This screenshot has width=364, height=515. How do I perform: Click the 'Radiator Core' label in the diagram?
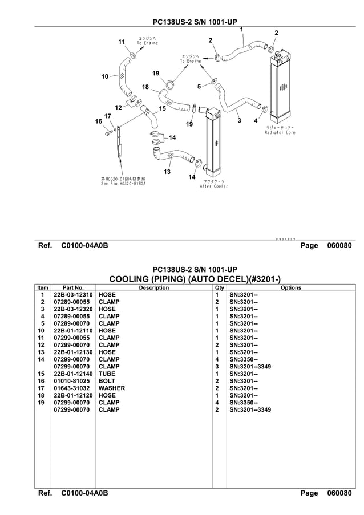280,133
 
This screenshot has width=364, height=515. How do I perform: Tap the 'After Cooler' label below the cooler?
214,186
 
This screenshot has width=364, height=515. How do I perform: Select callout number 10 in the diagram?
104,76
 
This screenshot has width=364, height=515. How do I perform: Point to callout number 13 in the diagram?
167,172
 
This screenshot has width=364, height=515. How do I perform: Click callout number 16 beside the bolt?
98,121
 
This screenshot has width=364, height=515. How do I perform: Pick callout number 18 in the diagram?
145,87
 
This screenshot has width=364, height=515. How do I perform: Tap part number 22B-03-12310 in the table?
72,295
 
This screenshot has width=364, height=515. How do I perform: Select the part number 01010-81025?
72,381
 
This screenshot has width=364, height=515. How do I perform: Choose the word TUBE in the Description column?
107,374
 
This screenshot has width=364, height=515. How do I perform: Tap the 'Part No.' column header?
73,288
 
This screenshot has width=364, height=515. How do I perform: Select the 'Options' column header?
290,288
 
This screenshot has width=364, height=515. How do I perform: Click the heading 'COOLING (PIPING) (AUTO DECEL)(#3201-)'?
194,278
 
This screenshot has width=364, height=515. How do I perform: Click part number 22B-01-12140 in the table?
72,374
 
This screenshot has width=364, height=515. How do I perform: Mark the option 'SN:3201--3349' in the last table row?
250,409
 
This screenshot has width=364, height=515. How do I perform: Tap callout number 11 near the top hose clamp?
121,42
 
